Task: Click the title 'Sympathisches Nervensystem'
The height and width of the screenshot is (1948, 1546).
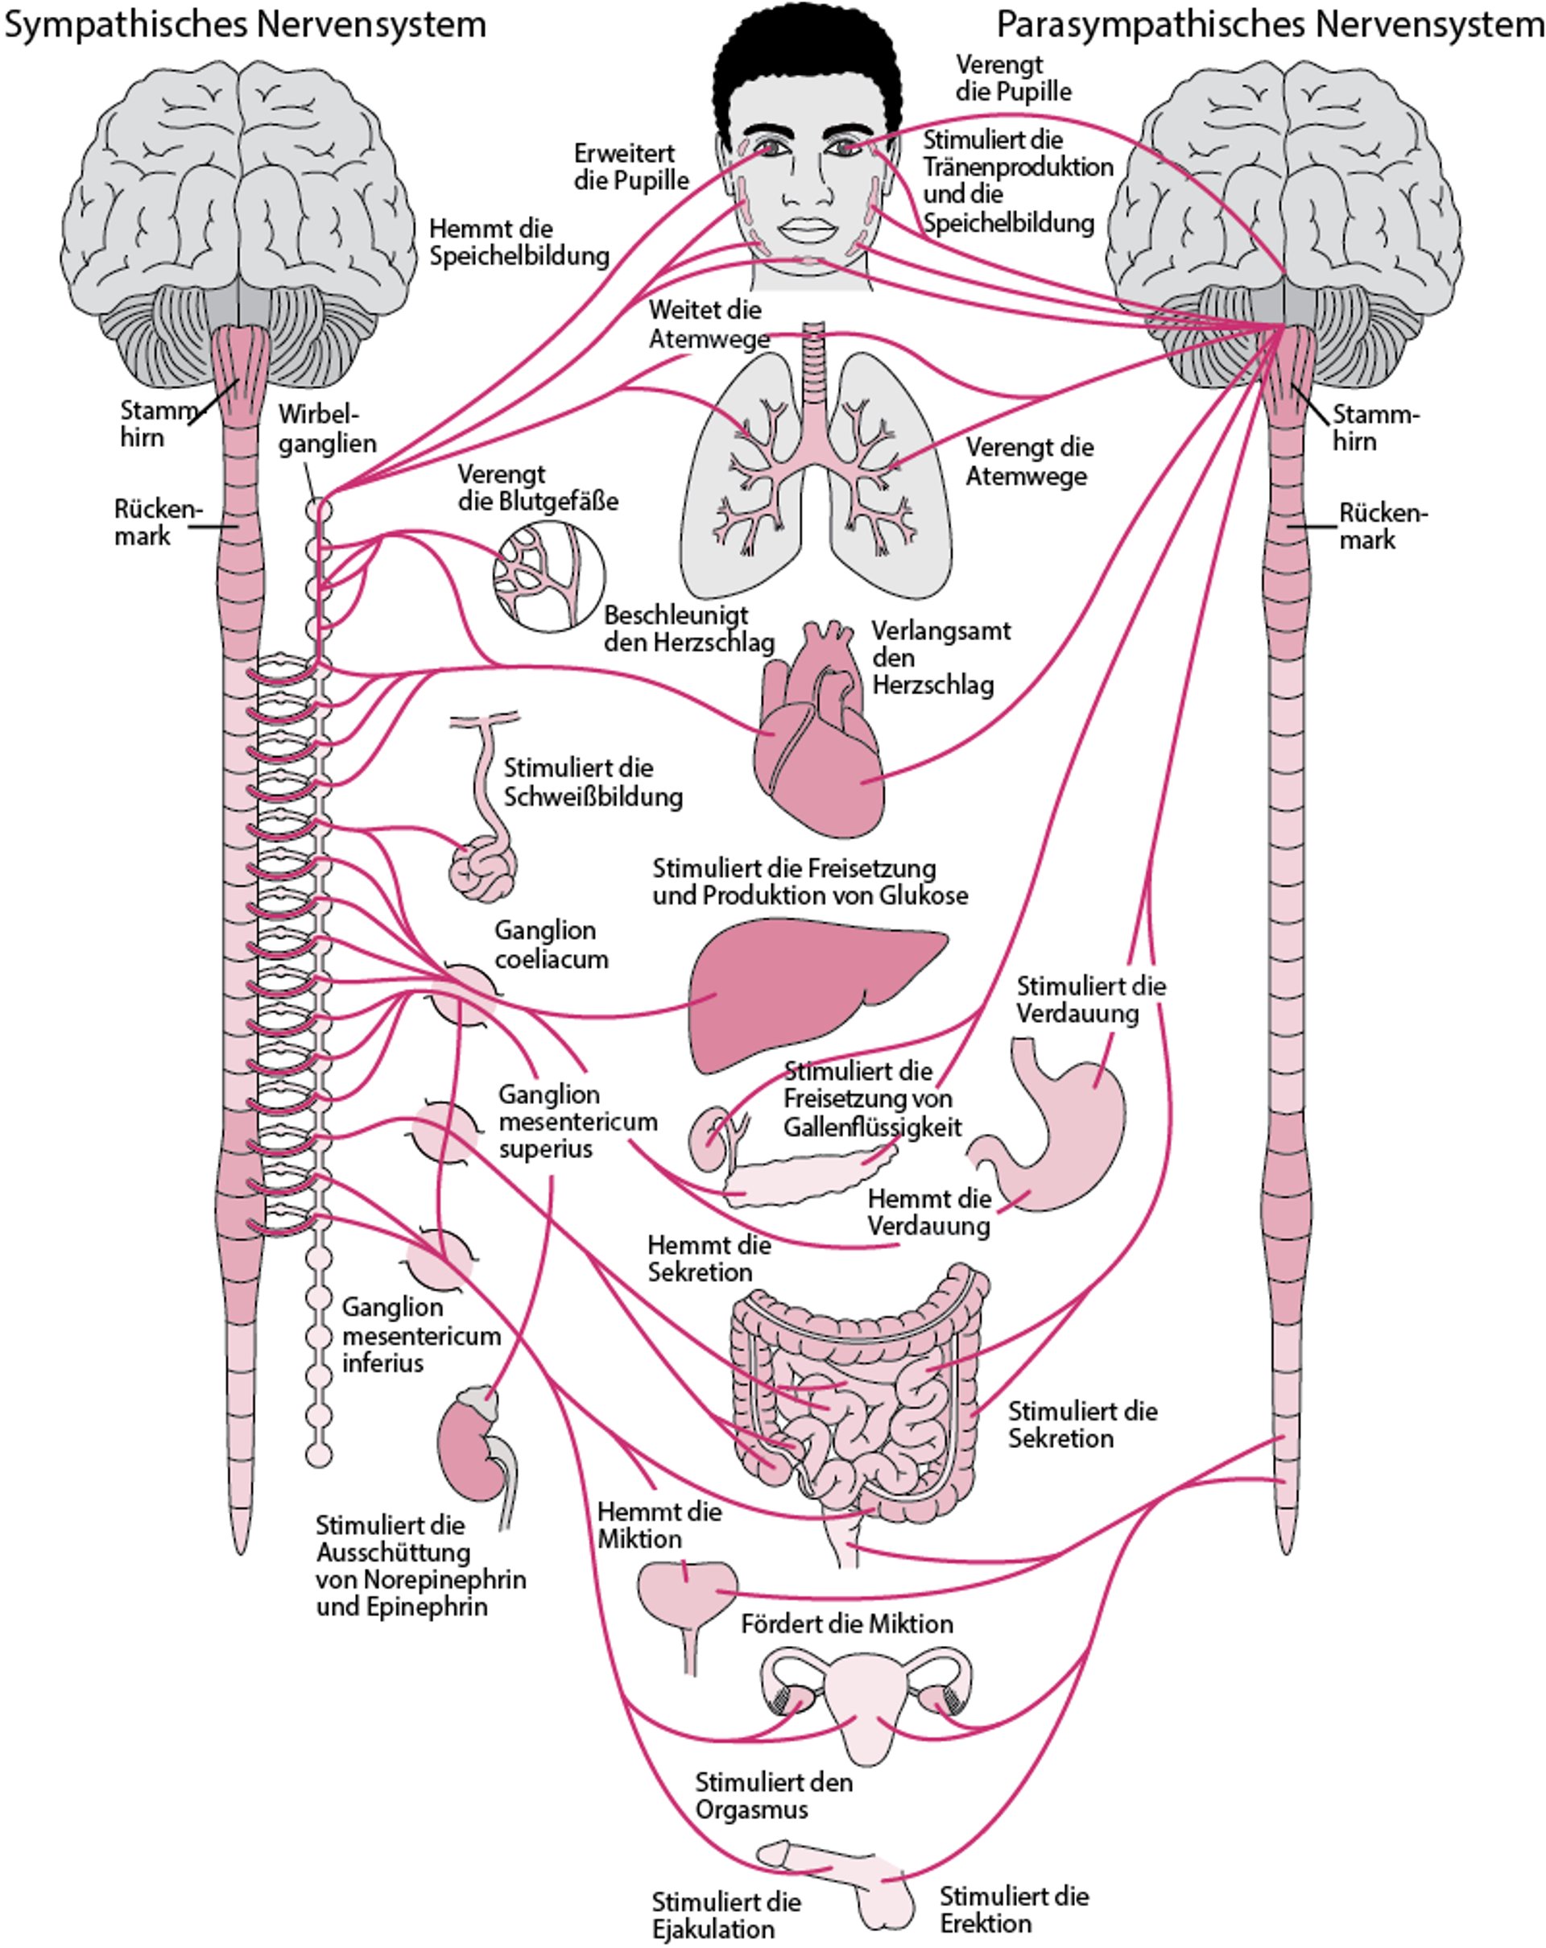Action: [245, 24]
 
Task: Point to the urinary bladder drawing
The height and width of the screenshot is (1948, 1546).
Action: [687, 1594]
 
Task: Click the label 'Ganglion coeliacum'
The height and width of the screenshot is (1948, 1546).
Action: [550, 944]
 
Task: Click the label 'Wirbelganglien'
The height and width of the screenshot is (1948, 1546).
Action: [326, 428]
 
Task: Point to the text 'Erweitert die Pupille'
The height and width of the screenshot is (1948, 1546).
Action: [630, 168]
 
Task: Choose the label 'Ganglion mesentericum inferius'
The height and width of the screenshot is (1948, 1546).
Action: [420, 1334]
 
